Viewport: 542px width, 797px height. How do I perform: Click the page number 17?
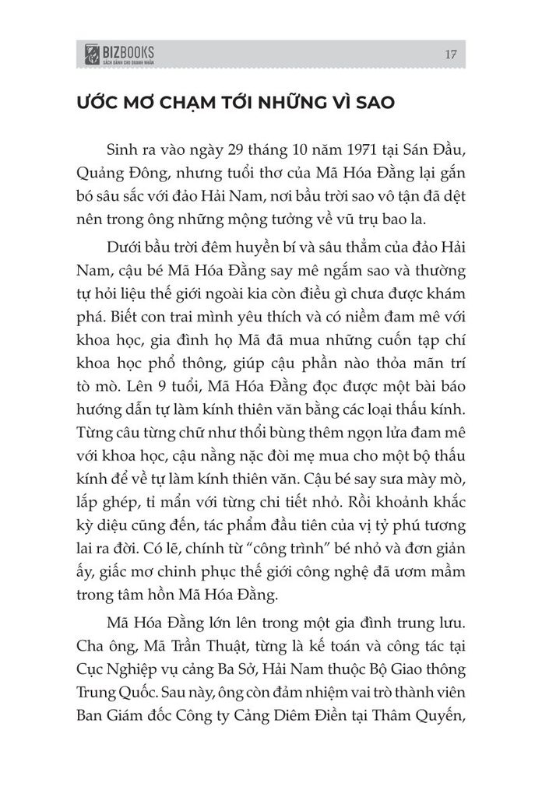point(451,54)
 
